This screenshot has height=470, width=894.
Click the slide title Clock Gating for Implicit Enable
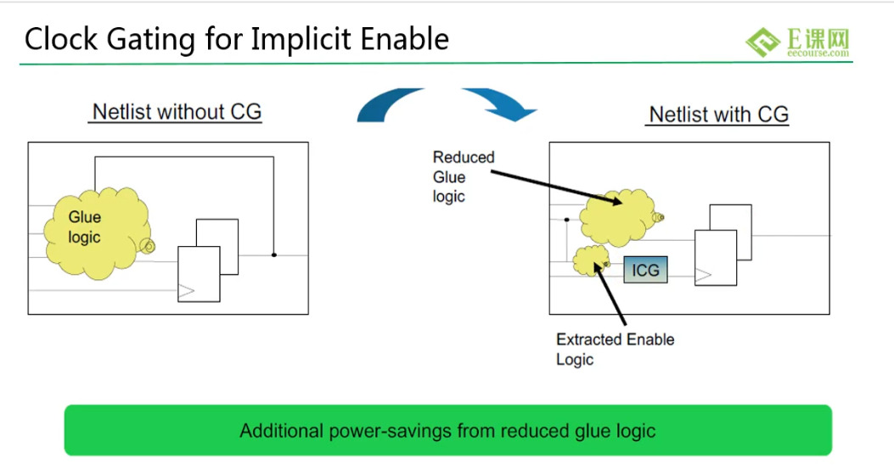(x=237, y=39)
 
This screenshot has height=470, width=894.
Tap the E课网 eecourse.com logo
(x=798, y=42)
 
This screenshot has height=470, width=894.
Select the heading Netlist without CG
(x=177, y=112)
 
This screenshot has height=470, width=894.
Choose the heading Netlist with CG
(x=718, y=114)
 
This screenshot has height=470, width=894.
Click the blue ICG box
(x=645, y=270)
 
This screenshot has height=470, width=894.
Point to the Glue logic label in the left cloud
(x=84, y=227)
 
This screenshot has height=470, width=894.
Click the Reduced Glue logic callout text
(x=463, y=176)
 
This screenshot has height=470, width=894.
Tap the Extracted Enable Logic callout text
(x=615, y=350)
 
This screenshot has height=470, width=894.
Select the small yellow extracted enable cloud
(x=590, y=261)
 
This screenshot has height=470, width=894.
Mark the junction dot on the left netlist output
(x=273, y=255)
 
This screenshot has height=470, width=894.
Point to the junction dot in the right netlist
(x=567, y=220)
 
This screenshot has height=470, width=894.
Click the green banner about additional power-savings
(x=448, y=430)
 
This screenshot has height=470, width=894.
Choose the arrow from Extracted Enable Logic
(x=610, y=294)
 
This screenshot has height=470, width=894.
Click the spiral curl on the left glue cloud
(x=147, y=245)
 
